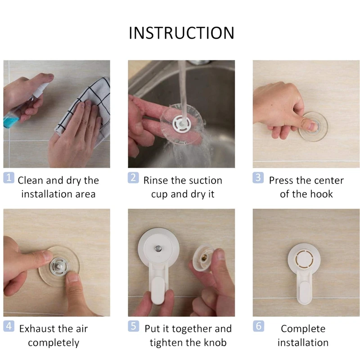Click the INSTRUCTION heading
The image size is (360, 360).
coord(181,33)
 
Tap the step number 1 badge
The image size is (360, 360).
coord(9,178)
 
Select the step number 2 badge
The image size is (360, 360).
coord(133,178)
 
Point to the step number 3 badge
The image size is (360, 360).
coord(258,178)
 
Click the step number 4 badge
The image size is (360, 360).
coord(9,326)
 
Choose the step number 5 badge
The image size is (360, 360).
coord(133,326)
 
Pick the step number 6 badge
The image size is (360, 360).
coord(258,326)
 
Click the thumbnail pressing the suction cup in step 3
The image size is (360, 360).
coord(313,126)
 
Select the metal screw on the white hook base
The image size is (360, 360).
coord(158,248)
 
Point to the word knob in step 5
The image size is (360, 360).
coord(215,342)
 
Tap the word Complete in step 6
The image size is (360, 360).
coord(303,329)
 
